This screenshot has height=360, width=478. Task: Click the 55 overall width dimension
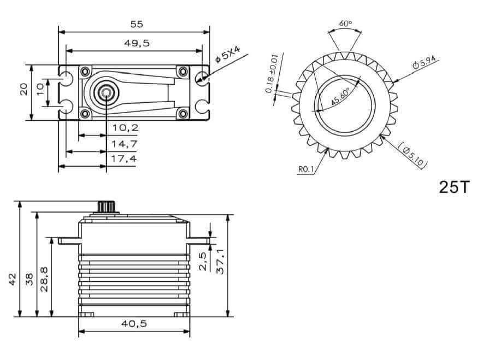(136, 24)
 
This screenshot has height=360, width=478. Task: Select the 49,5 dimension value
(136, 43)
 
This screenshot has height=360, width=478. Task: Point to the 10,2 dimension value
(125, 128)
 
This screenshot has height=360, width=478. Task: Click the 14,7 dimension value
(125, 144)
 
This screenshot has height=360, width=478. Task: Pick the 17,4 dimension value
(125, 158)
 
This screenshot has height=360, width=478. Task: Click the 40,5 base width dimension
(135, 323)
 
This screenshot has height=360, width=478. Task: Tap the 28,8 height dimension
(44, 279)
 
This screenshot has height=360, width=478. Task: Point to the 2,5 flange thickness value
(203, 261)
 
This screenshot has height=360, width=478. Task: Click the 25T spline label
(453, 187)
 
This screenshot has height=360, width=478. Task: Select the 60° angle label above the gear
(345, 23)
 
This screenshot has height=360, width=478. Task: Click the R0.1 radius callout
(306, 170)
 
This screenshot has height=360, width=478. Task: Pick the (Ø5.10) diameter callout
(414, 156)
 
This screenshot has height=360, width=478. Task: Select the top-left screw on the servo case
(85, 72)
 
